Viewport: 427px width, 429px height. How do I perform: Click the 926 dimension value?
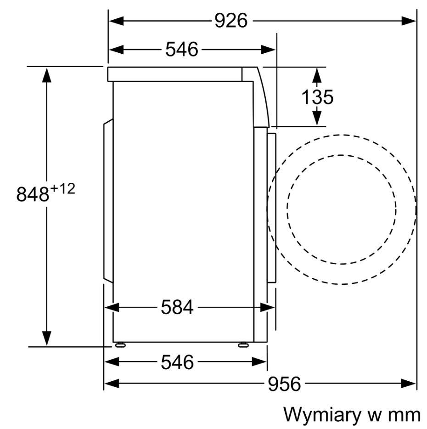click(x=231, y=21)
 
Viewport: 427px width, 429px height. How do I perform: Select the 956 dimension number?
click(x=284, y=384)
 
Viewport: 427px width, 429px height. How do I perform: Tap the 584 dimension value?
click(x=177, y=307)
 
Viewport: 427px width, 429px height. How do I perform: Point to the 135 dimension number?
click(x=317, y=97)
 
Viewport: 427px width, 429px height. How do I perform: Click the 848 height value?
click(x=33, y=194)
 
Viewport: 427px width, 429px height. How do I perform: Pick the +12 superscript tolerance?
click(x=62, y=189)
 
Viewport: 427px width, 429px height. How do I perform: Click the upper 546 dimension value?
click(x=182, y=50)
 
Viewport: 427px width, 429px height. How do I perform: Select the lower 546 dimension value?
click(x=177, y=362)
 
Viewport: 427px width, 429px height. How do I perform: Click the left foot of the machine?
click(x=120, y=345)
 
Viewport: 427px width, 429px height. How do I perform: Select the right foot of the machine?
click(x=243, y=345)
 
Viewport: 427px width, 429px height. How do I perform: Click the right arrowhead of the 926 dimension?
click(x=409, y=21)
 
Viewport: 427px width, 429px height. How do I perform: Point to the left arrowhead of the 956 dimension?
click(x=112, y=384)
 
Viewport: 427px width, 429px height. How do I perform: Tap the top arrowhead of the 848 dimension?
click(x=47, y=75)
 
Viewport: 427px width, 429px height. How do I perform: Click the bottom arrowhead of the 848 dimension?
click(x=47, y=339)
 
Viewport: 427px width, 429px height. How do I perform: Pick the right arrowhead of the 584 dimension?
click(x=267, y=308)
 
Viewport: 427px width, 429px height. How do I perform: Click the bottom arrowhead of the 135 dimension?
click(x=317, y=118)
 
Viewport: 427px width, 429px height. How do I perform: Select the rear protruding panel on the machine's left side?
click(x=108, y=201)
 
